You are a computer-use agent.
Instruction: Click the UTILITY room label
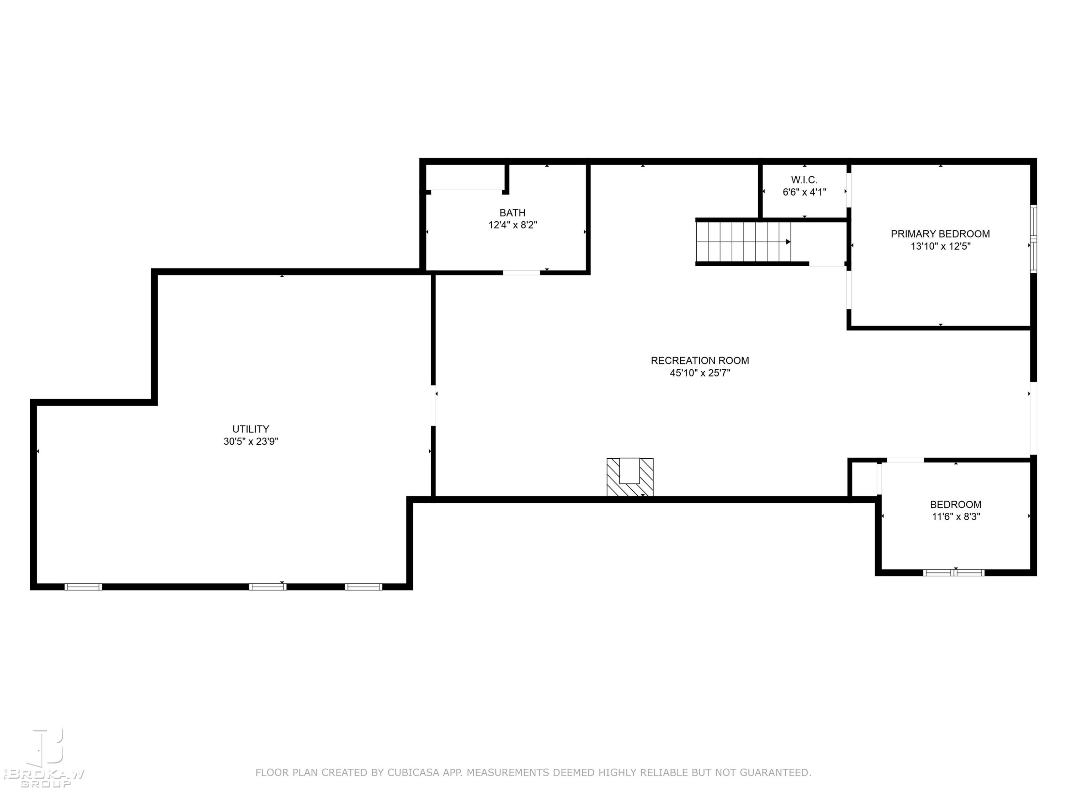[251, 429]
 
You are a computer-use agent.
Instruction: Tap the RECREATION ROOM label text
[700, 360]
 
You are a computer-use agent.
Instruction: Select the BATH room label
[512, 213]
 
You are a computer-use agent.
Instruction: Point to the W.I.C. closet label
[804, 180]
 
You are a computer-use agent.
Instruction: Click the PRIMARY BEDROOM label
[940, 234]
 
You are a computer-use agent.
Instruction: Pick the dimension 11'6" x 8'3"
[956, 517]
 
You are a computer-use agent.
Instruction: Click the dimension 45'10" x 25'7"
[700, 373]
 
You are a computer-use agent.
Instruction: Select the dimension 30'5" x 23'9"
[251, 441]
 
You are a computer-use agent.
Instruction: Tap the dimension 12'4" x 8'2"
[512, 225]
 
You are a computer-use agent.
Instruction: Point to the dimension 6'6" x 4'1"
[804, 192]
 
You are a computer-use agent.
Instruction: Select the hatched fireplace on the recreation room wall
[630, 477]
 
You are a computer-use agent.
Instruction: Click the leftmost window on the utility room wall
[83, 587]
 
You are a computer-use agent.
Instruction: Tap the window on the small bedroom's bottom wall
[954, 573]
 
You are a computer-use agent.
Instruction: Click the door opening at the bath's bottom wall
[521, 272]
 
